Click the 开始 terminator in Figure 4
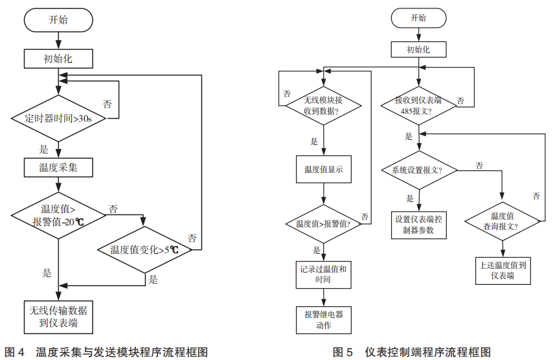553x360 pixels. [58, 20]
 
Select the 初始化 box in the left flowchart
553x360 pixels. [58, 58]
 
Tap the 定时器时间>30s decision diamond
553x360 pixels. [58, 118]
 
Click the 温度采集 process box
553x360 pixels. [58, 168]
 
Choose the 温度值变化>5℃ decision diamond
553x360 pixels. [144, 249]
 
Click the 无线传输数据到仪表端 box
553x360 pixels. [58, 316]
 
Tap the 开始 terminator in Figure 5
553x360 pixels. [418, 19]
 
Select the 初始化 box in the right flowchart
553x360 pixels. [418, 49]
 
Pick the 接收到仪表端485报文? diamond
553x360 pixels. [418, 105]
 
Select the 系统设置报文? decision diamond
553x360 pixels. [418, 171]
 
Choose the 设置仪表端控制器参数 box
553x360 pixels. [418, 224]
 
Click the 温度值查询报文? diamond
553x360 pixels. [502, 221]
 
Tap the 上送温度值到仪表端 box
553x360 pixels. [502, 270]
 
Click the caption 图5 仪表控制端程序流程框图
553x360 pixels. [412, 352]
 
